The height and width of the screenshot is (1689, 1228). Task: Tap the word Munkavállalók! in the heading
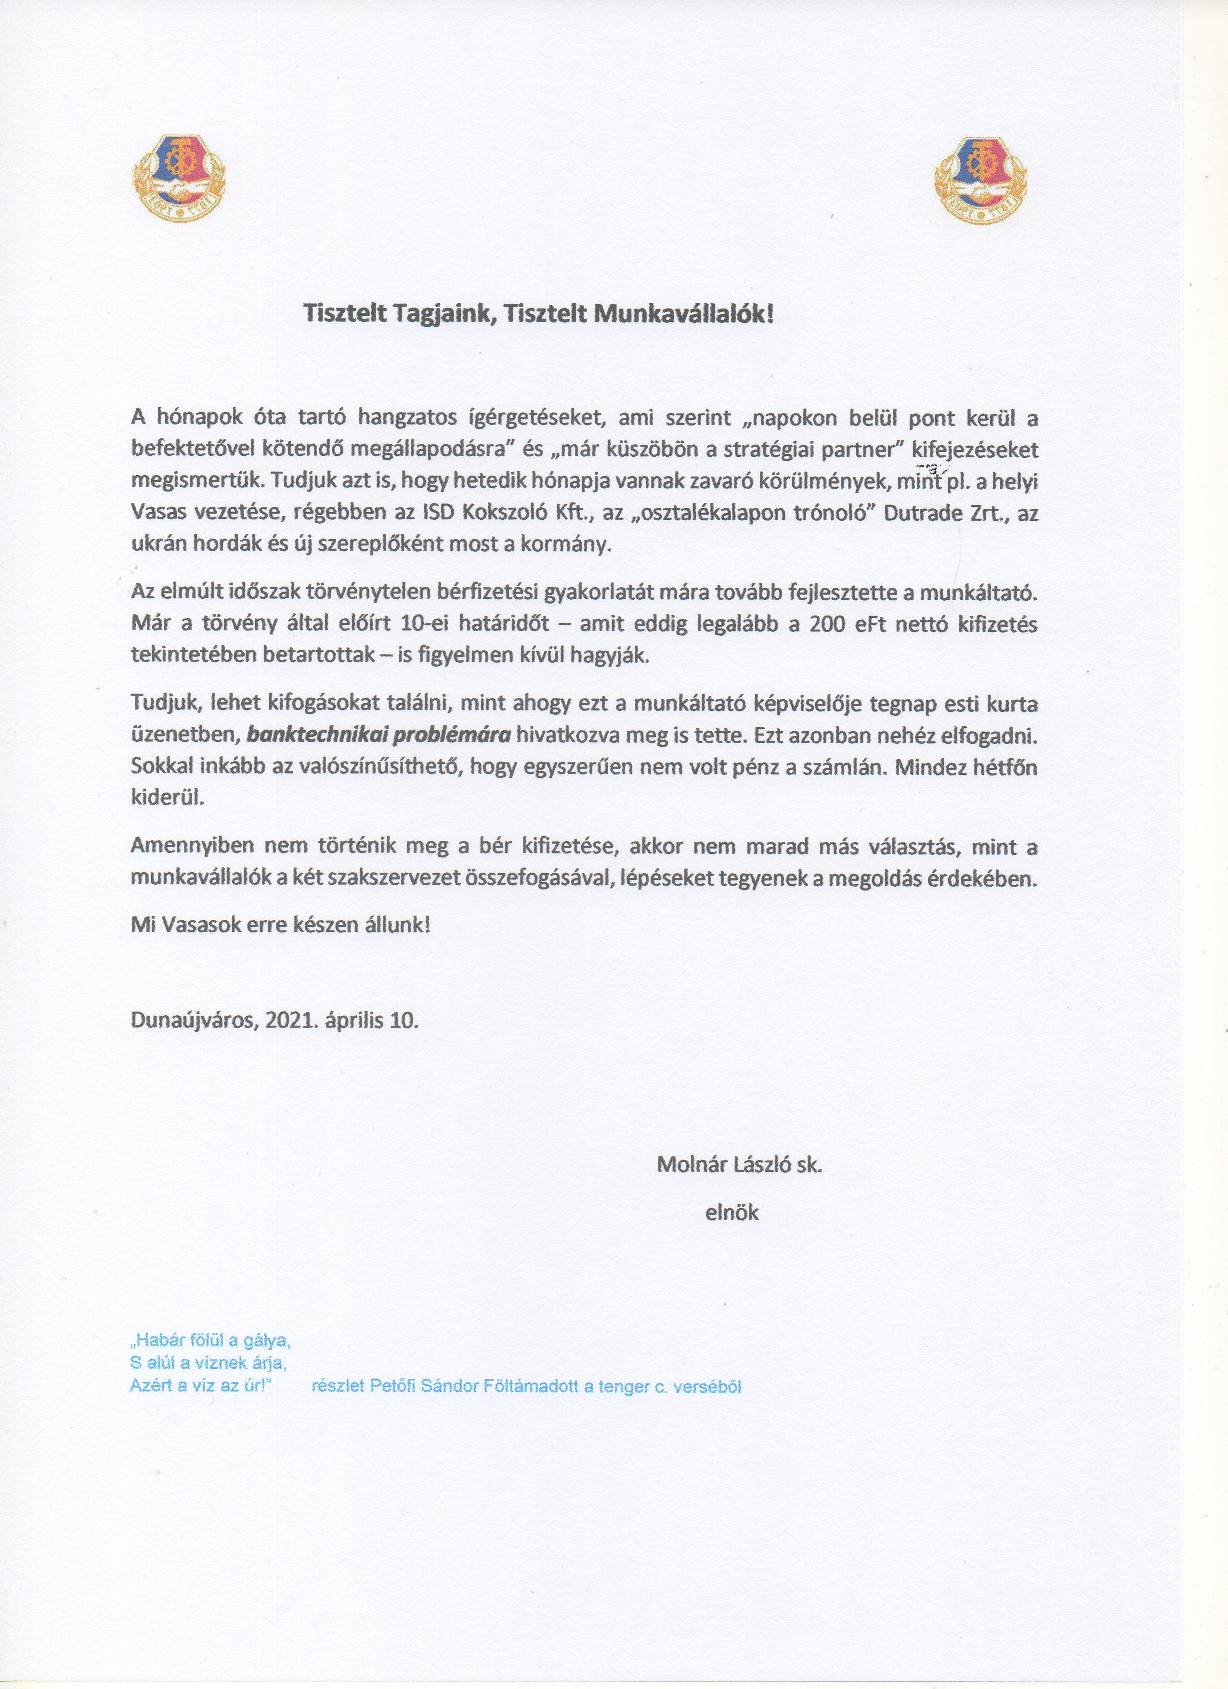[683, 313]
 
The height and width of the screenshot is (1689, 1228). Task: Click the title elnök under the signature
[732, 1212]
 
